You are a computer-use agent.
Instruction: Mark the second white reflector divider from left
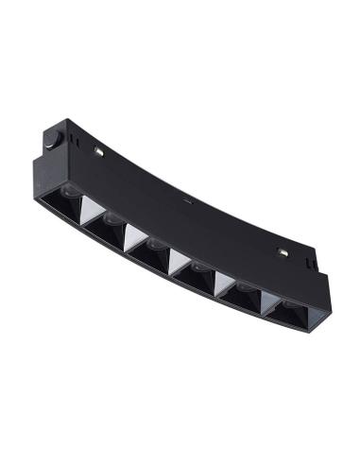132,236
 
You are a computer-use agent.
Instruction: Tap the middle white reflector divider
178,261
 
